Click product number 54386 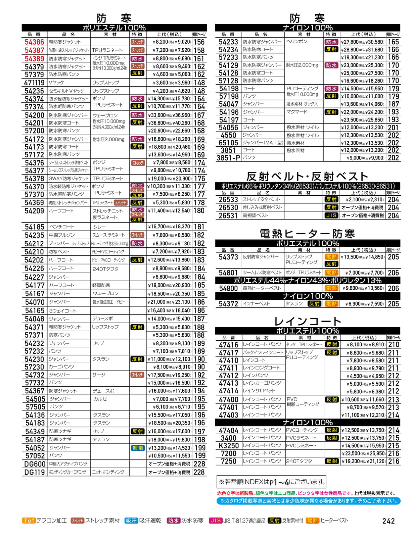click(x=34, y=42)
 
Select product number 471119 click(x=34, y=83)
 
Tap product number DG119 click(x=34, y=472)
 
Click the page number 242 click(x=389, y=521)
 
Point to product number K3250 click(x=228, y=446)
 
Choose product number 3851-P click(x=228, y=158)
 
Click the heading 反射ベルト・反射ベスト click(x=307, y=176)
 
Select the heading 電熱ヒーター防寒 click(x=307, y=233)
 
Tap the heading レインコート click(x=307, y=321)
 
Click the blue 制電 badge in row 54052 click(x=138, y=448)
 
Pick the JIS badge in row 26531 click(x=331, y=215)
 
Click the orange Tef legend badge click(x=29, y=521)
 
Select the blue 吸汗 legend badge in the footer click(x=131, y=521)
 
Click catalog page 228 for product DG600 click(x=199, y=464)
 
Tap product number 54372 click(x=228, y=304)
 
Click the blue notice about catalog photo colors click(x=308, y=501)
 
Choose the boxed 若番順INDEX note click(x=272, y=482)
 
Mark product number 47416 click(x=228, y=345)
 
